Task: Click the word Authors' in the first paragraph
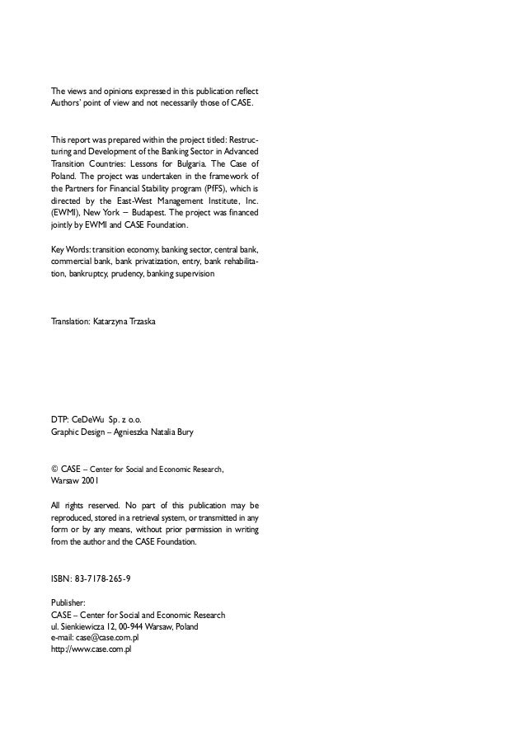click(x=68, y=106)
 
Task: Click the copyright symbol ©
click(x=54, y=469)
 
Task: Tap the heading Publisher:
click(x=69, y=603)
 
